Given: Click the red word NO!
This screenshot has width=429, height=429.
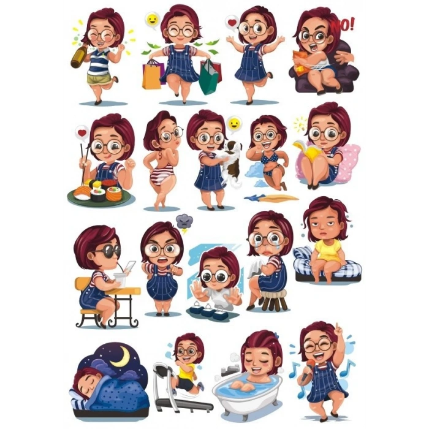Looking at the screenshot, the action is [x=343, y=26].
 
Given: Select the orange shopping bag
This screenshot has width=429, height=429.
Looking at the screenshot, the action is [x=152, y=74].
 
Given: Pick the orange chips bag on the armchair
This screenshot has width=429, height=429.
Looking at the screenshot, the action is [x=302, y=63].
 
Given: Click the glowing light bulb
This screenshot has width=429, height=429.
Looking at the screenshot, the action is [x=301, y=124].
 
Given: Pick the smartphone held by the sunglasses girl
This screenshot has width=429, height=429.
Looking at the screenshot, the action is [x=130, y=267].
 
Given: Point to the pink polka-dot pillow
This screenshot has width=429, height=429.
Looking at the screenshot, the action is [x=346, y=163].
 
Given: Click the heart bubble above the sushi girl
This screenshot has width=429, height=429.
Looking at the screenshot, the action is [x=82, y=133].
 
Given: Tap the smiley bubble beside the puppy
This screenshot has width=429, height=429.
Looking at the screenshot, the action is [x=233, y=124].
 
